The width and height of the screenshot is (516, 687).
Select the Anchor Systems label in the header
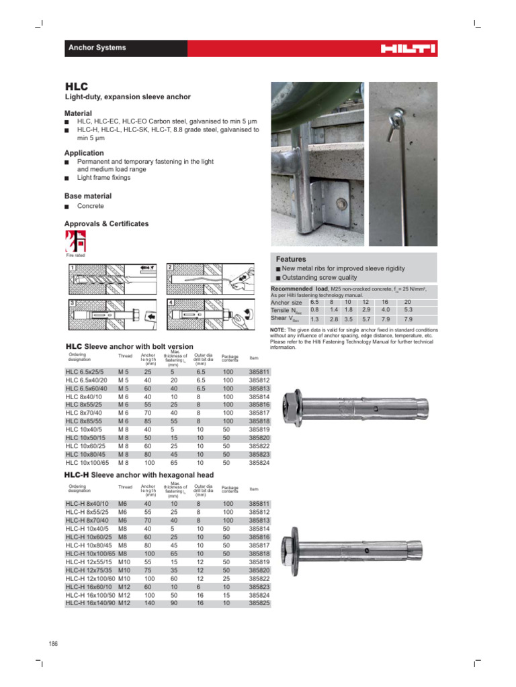(97, 48)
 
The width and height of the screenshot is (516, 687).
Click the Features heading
(291, 259)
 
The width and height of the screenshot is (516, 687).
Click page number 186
(54, 645)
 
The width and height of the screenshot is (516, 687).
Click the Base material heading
(87, 196)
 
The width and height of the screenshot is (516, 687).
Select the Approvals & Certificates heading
(106, 223)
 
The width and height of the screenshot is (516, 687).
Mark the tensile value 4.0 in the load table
(386, 310)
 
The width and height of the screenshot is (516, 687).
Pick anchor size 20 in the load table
(408, 303)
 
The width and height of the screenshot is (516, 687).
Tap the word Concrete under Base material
(91, 206)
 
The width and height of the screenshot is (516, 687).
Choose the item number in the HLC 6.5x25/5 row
(259, 371)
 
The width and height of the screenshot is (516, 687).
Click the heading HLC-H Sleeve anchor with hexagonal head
(139, 475)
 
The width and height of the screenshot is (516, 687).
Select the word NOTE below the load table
(277, 330)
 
